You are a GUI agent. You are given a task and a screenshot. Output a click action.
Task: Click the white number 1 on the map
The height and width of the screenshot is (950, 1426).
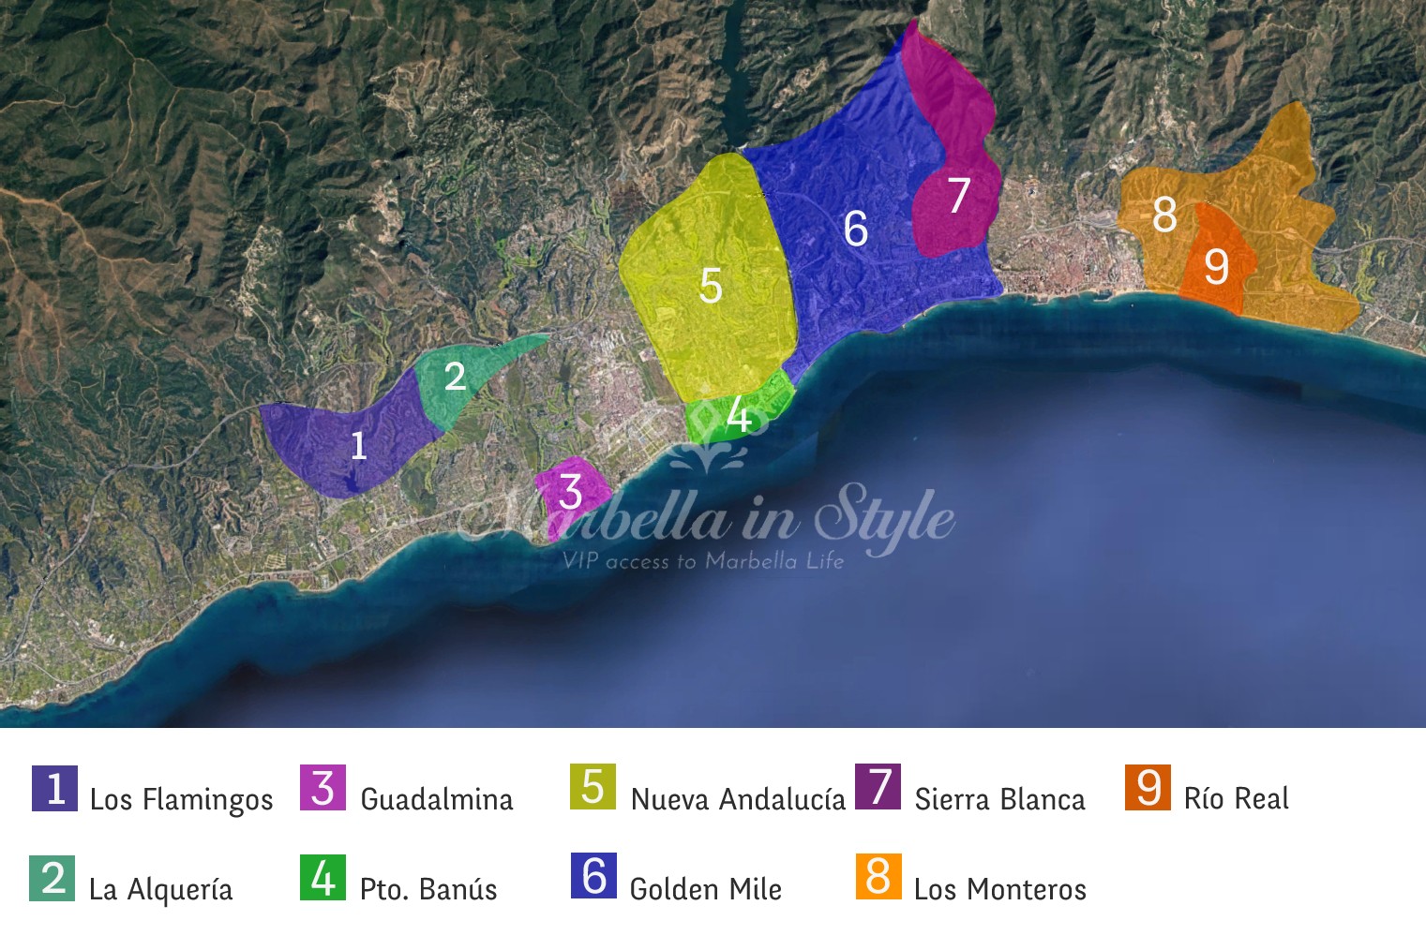[x=357, y=445]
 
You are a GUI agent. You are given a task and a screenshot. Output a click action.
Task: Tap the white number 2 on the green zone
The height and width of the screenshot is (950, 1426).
[x=455, y=377]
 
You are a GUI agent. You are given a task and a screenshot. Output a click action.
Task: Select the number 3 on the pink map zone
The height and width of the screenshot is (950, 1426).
[x=570, y=492]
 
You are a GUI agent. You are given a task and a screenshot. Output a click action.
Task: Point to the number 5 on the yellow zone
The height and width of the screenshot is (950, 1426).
[x=711, y=286]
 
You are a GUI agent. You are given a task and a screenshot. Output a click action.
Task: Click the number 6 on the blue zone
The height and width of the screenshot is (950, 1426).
[x=855, y=229]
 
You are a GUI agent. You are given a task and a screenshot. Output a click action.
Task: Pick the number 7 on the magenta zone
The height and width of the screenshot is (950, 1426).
[x=958, y=196]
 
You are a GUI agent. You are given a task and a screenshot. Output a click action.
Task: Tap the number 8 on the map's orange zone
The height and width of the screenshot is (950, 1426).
[x=1164, y=215]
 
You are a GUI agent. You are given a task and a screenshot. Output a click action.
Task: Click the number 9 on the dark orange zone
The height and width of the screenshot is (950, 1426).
[x=1216, y=267]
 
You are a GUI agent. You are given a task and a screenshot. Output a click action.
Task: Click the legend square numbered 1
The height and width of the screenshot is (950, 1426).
[x=54, y=788]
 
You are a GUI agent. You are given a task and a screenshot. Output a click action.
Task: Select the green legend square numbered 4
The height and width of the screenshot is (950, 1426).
[x=323, y=878]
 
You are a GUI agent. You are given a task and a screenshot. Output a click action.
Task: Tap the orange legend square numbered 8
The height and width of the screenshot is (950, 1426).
[x=878, y=877]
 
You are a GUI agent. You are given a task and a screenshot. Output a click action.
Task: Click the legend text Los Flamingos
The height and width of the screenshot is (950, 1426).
[x=181, y=799]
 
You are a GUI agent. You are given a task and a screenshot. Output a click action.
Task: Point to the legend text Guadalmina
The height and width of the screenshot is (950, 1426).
[x=437, y=799]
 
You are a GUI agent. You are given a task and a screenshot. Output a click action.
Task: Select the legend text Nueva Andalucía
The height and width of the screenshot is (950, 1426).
[x=738, y=799]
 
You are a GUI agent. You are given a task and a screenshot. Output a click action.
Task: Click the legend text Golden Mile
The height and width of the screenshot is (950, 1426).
[x=706, y=889]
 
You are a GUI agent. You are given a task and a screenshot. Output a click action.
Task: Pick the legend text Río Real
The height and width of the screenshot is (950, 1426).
[x=1237, y=798]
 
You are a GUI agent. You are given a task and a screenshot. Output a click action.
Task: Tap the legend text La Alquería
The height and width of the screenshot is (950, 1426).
[x=160, y=889]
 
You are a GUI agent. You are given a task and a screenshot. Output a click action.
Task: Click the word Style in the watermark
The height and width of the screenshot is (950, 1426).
[x=884, y=518]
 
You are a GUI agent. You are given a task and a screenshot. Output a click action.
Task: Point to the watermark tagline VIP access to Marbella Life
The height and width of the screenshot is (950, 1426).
[x=703, y=561]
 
